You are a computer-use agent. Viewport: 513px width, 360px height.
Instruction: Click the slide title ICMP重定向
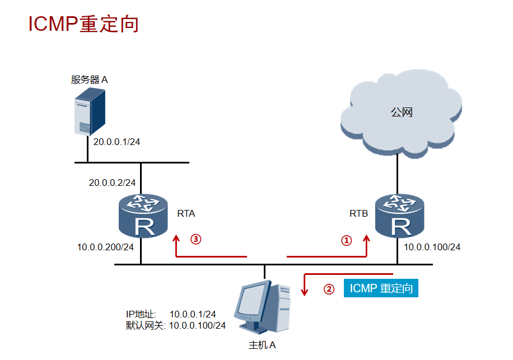tap(83, 24)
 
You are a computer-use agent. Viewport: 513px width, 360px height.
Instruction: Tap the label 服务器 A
tap(89, 80)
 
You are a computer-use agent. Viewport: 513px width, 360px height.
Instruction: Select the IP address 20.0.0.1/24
tap(116, 142)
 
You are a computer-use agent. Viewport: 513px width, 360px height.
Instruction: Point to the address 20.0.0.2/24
tap(112, 183)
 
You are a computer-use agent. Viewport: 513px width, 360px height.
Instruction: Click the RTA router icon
tap(143, 216)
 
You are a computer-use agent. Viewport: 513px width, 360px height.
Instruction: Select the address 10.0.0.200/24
tap(105, 247)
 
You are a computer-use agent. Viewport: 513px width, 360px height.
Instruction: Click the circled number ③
tap(195, 239)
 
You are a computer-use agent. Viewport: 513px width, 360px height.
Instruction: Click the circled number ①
tap(347, 240)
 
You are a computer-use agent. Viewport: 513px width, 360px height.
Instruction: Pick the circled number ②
tap(329, 289)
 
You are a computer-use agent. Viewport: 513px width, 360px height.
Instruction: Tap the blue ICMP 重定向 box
tap(381, 288)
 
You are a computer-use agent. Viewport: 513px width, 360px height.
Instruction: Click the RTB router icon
tap(399, 216)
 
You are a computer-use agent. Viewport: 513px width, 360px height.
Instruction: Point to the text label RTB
tap(358, 213)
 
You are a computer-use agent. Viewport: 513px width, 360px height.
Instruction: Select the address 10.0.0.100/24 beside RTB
tap(432, 247)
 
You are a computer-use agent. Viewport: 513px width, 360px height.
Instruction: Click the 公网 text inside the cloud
tap(402, 113)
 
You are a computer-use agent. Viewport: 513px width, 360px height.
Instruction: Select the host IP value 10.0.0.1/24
tap(193, 315)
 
